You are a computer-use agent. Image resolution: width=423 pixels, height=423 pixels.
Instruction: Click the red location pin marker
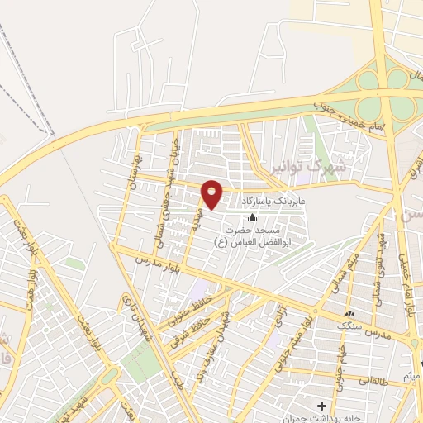click(212, 195)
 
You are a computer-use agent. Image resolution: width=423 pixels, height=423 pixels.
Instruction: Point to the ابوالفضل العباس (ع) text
click(255, 242)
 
